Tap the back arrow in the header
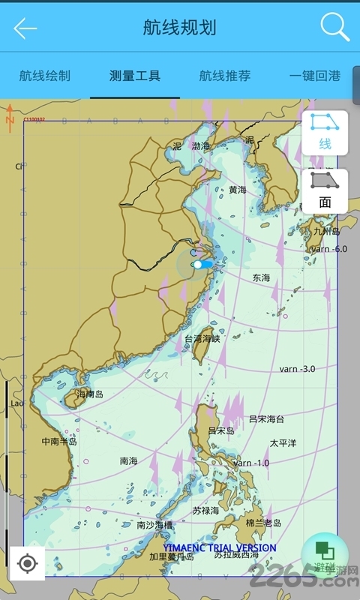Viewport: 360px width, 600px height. pyautogui.click(x=25, y=28)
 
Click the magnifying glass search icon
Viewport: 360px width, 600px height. pyautogui.click(x=334, y=28)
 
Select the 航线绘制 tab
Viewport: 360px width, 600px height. pyautogui.click(x=45, y=76)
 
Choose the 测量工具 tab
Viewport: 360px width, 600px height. pyautogui.click(x=135, y=76)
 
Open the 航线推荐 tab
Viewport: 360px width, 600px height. pyautogui.click(x=225, y=76)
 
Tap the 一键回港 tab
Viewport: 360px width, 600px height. pyautogui.click(x=315, y=76)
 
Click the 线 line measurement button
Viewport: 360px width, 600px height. pyautogui.click(x=325, y=132)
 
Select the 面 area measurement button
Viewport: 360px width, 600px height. pyautogui.click(x=325, y=190)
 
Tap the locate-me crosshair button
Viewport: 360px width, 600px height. pyautogui.click(x=28, y=563)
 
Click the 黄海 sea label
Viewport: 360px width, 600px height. pyautogui.click(x=238, y=190)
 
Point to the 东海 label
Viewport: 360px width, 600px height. pyautogui.click(x=261, y=277)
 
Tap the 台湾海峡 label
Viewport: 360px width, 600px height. pyautogui.click(x=202, y=339)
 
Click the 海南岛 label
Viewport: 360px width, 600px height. pyautogui.click(x=89, y=394)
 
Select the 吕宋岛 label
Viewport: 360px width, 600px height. pyautogui.click(x=221, y=430)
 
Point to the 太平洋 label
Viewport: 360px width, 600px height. pyautogui.click(x=283, y=443)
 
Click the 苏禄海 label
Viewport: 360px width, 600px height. pyautogui.click(x=205, y=510)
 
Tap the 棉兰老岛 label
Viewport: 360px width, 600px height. pyautogui.click(x=263, y=522)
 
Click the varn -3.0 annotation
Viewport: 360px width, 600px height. pyautogui.click(x=297, y=369)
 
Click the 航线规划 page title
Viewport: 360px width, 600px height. pyautogui.click(x=180, y=28)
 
